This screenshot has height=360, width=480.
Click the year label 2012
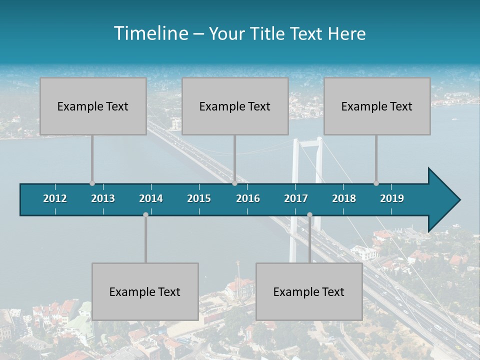point(55,198)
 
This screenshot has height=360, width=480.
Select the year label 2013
point(103,198)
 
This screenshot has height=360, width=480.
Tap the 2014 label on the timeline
point(151,198)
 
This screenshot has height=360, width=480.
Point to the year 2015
point(199,198)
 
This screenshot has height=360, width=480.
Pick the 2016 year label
point(248,198)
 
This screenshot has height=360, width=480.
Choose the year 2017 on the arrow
point(296,198)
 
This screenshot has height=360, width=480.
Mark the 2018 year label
point(344,198)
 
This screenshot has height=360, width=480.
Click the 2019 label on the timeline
point(392,198)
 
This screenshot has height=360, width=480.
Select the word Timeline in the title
point(150,33)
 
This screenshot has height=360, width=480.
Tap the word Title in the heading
point(268,34)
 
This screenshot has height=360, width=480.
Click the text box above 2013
point(93,106)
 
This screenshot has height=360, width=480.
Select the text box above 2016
point(235,106)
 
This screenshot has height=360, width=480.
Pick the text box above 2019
point(377,106)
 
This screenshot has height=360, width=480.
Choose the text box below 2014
point(145,291)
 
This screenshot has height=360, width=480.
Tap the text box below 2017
point(309,291)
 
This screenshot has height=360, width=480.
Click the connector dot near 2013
point(92,183)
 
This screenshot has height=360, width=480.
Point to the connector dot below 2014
point(145,214)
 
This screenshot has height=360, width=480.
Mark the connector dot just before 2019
point(376,183)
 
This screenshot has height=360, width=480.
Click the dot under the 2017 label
point(309,214)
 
